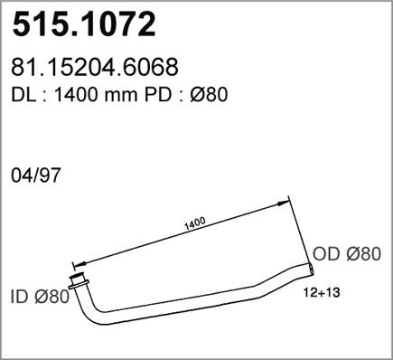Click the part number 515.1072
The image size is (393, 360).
(x=84, y=24)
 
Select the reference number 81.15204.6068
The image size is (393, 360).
(x=95, y=67)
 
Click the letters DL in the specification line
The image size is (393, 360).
(x=23, y=95)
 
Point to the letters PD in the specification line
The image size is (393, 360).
(x=157, y=95)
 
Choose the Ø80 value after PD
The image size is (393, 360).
(x=208, y=95)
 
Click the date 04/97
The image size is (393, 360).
(x=36, y=175)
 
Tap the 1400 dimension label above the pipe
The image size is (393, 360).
(x=195, y=223)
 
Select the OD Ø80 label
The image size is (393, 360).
(x=347, y=254)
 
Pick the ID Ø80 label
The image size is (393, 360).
(x=40, y=297)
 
